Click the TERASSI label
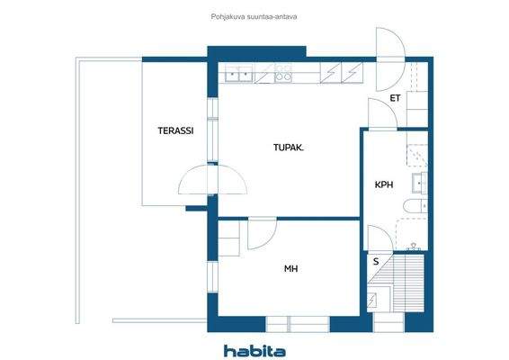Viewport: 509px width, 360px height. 175,130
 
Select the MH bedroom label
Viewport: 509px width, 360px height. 291,267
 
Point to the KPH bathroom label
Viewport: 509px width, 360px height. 385,185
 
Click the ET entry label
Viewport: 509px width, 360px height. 394,98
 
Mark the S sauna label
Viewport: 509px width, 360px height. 375,261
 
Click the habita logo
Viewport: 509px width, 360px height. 254,349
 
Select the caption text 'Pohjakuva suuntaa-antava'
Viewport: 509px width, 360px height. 254,15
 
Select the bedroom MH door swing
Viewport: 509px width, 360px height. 262,236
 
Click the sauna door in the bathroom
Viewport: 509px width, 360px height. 380,238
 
